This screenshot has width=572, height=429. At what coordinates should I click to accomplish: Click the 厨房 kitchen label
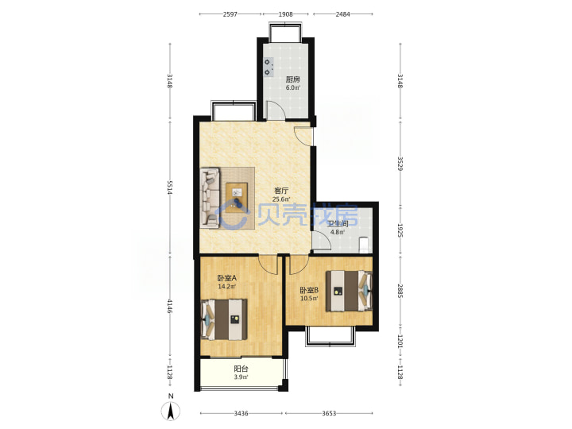tap(293, 79)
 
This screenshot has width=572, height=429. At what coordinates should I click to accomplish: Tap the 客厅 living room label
tap(281, 191)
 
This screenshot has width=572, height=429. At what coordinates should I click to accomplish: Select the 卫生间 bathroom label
tap(338, 224)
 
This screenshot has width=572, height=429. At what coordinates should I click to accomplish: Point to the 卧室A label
tap(227, 278)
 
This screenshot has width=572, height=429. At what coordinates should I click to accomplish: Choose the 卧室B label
tap(309, 291)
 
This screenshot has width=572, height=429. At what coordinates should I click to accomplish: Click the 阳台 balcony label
tap(241, 369)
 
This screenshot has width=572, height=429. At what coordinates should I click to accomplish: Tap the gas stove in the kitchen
tap(269, 68)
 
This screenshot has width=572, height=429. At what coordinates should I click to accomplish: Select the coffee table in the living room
tap(237, 198)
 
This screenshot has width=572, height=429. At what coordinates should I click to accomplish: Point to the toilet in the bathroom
tap(365, 245)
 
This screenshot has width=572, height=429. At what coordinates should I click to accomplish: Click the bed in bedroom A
tap(224, 319)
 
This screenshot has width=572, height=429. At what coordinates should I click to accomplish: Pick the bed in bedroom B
tap(349, 291)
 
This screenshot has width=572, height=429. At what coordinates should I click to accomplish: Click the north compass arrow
tap(170, 412)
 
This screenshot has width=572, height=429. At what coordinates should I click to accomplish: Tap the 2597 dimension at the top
tap(230, 14)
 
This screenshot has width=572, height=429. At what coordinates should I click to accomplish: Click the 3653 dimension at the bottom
tap(329, 413)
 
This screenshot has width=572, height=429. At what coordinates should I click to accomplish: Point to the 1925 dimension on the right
tap(400, 230)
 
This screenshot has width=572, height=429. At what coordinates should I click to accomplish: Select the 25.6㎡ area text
tap(281, 199)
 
